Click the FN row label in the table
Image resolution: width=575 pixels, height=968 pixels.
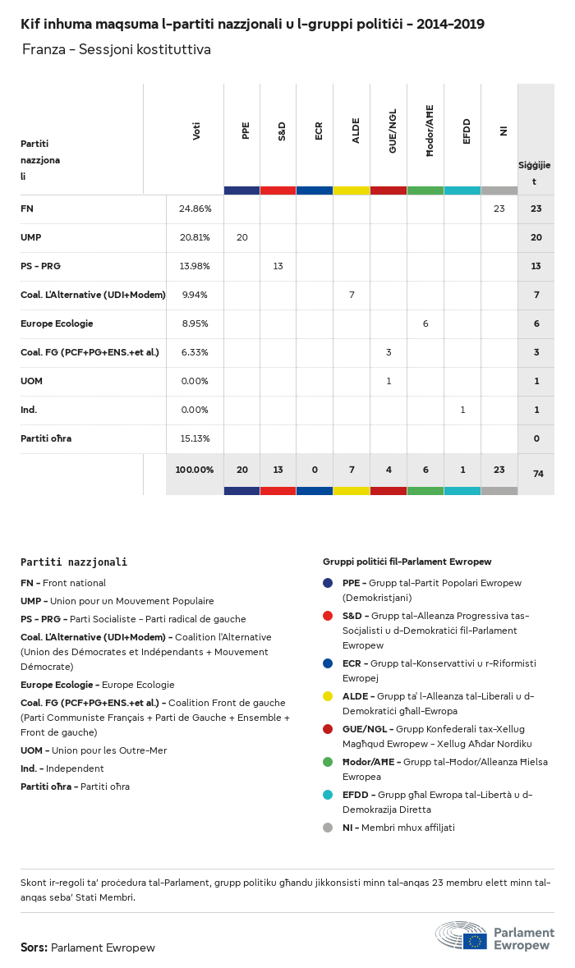tap(27, 209)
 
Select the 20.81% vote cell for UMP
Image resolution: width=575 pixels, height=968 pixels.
tap(195, 237)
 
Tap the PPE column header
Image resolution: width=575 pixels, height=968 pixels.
tap(245, 131)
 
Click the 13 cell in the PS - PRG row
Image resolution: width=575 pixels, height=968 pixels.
tap(278, 266)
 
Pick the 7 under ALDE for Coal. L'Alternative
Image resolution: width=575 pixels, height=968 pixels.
tap(352, 295)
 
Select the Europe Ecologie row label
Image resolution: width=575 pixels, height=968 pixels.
tap(57, 323)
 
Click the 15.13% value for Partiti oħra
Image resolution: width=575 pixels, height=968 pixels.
tap(195, 438)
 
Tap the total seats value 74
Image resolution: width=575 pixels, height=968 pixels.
tap(536, 474)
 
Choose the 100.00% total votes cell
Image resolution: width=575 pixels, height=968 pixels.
tap(195, 470)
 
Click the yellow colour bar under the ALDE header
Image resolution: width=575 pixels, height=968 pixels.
tap(352, 190)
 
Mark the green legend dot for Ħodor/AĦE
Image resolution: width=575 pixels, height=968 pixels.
tap(328, 762)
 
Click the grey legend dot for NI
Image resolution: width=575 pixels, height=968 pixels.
tap(328, 828)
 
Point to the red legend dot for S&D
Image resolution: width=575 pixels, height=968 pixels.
tap(328, 616)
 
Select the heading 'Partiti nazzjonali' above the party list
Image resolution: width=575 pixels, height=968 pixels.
tap(74, 562)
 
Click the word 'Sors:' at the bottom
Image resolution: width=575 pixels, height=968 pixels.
tap(34, 947)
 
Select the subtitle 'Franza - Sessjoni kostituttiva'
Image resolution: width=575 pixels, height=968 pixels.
tap(117, 50)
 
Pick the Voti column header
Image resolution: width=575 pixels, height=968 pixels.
tap(196, 131)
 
